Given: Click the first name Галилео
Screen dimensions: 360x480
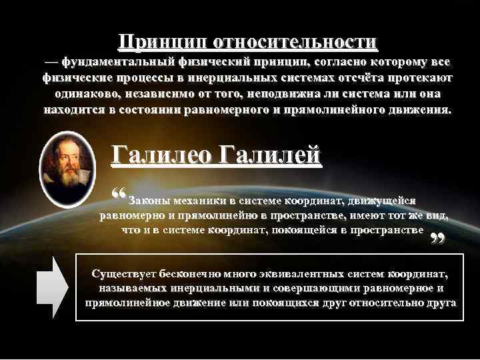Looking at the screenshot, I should (159, 155).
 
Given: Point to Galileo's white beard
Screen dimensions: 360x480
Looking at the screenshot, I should (67, 181).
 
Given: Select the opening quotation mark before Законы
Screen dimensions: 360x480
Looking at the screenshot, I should (120, 194).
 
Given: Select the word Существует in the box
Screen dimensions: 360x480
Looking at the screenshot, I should (124, 274).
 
